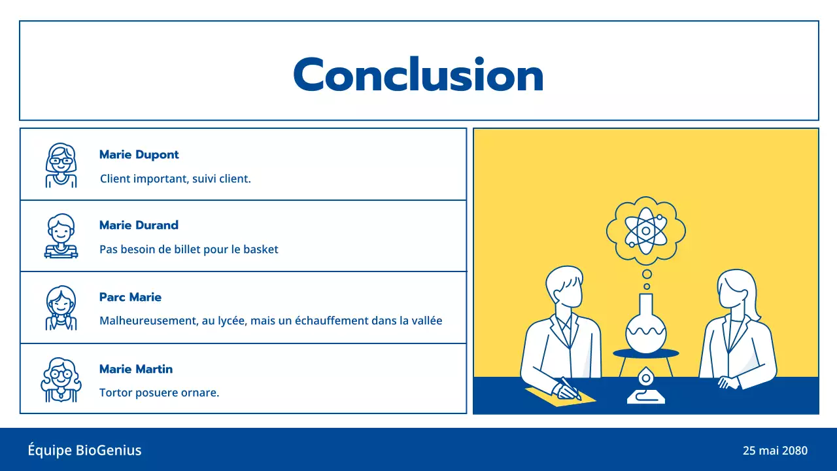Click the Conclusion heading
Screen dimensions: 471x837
point(418,75)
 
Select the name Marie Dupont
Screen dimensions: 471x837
point(139,155)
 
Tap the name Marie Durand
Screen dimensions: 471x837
point(139,226)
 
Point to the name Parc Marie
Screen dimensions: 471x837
point(130,298)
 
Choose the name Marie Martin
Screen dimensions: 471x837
point(136,370)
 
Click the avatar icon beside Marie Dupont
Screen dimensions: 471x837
point(61,165)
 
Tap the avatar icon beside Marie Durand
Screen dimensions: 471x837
point(61,236)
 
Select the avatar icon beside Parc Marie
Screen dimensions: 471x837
point(61,307)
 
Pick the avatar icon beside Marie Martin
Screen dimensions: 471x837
point(61,379)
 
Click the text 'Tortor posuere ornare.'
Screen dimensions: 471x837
point(159,393)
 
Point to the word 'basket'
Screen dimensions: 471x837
point(261,249)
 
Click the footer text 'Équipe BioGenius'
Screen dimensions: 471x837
point(84,450)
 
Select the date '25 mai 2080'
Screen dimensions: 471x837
point(775,451)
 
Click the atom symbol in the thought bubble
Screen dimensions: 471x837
point(645,230)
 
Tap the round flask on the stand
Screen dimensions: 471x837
point(645,327)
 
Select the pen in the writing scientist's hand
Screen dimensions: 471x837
point(570,388)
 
